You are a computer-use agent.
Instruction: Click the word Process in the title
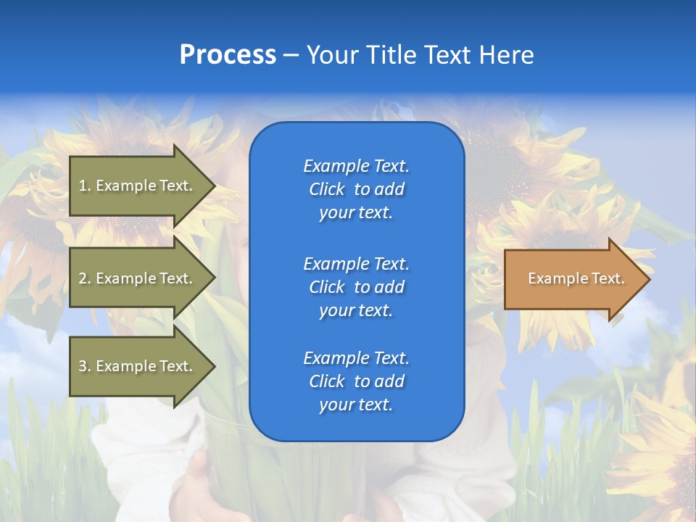click(228, 55)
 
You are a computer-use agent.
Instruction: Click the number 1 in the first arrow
click(83, 186)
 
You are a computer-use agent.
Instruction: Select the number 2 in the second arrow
click(83, 278)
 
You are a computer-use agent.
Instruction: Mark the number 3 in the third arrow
click(83, 366)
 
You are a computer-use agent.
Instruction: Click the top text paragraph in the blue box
click(356, 189)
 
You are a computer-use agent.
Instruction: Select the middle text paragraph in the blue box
click(356, 287)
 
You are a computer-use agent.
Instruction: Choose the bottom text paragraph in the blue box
click(356, 381)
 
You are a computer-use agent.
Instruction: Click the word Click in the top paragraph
click(327, 189)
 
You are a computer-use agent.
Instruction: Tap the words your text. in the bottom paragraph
click(356, 405)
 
